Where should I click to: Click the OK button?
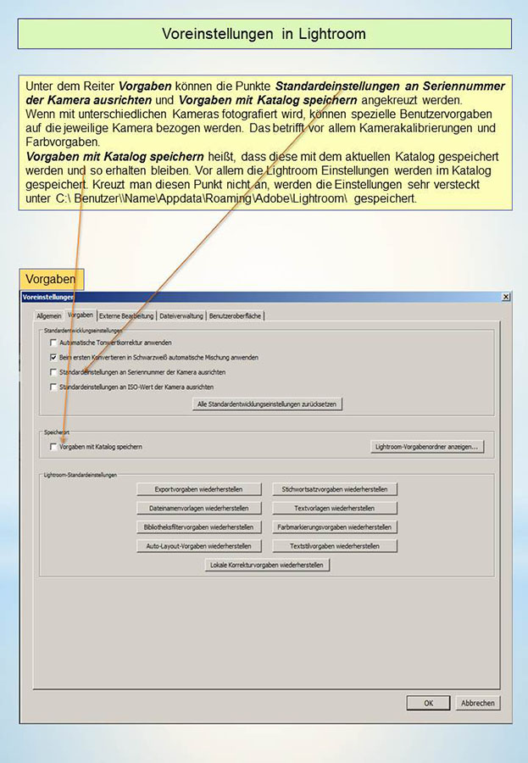428,703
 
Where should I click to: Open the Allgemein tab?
48,315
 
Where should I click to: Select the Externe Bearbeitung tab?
126,315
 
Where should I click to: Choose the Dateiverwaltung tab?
181,315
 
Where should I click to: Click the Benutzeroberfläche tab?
236,315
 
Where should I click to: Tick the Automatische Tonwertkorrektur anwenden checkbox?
53,343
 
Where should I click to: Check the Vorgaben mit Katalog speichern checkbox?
53,446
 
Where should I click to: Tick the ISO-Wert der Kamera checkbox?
53,387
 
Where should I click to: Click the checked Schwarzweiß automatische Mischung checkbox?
53,358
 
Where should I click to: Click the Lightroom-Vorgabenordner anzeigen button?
427,446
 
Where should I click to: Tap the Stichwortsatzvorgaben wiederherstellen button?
334,489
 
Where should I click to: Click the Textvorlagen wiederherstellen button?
334,508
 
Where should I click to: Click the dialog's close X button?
506,297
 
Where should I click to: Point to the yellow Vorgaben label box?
51,279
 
